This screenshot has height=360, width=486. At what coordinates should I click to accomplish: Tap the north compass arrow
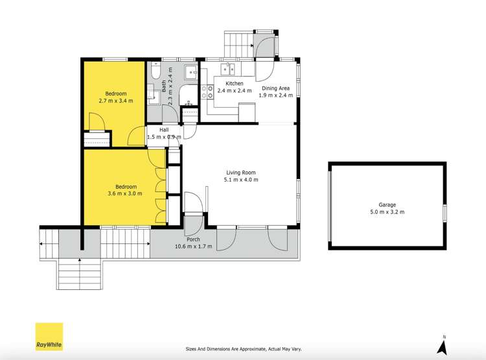tap(445, 346)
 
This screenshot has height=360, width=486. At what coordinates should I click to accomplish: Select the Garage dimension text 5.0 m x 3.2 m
tap(388, 211)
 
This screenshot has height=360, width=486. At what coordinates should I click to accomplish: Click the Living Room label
tap(240, 173)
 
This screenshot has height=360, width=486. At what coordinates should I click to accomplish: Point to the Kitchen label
tap(234, 84)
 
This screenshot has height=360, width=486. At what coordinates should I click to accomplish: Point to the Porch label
tap(194, 239)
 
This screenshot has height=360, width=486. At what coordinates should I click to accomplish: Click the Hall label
tap(165, 130)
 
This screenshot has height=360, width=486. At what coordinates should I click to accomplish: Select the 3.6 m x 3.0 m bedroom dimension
tap(116, 193)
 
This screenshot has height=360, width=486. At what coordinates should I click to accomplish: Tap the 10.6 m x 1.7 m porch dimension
tap(194, 246)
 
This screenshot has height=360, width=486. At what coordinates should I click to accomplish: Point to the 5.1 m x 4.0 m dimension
tap(240, 180)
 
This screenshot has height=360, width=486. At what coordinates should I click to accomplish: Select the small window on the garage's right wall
tap(445, 211)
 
